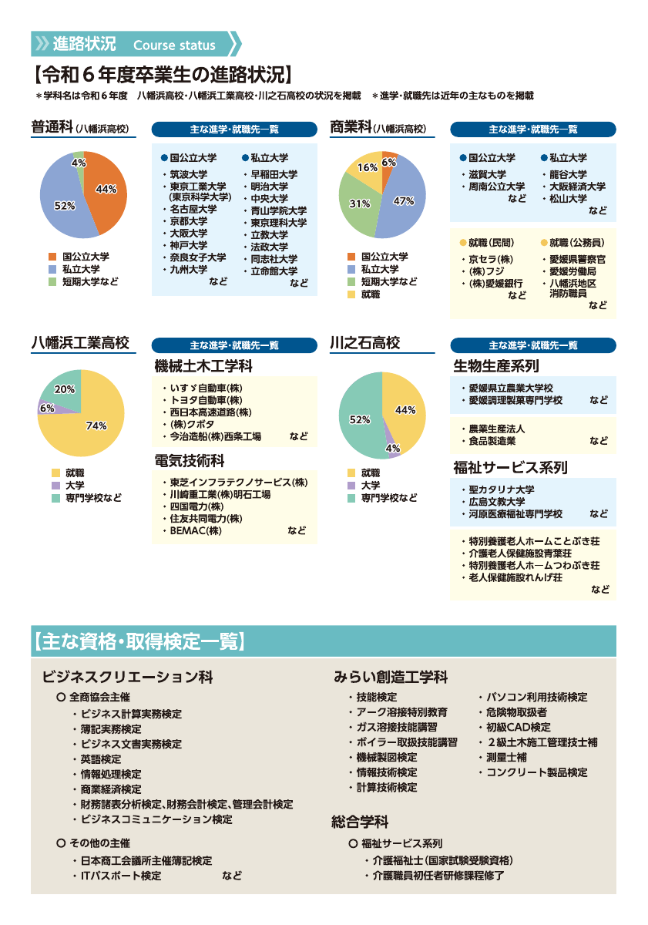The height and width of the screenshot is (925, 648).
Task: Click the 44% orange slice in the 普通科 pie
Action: (105, 189)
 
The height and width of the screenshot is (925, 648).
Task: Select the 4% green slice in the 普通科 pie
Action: (79, 163)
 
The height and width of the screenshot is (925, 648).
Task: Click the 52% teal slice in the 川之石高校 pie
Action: (360, 420)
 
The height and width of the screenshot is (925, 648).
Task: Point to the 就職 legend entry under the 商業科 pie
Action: (371, 294)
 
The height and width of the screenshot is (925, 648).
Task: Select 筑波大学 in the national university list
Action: (189, 174)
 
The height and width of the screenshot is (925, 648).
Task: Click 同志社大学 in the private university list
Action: (274, 259)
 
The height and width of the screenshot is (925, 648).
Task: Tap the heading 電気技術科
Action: (190, 460)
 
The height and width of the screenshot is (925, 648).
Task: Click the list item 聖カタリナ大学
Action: (502, 489)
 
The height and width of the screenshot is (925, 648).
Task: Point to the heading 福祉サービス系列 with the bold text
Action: (510, 467)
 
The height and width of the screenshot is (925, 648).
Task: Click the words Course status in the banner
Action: (174, 45)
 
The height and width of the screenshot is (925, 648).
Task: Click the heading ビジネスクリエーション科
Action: (128, 677)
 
